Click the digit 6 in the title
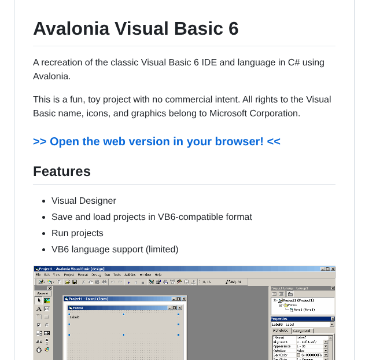pos(233,28)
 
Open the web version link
pos(157,142)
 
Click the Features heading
pos(62,171)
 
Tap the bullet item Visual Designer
pos(83,201)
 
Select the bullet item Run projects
pos(77,233)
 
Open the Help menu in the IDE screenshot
pos(158,275)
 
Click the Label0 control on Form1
pos(75,317)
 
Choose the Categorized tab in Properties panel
pos(301,331)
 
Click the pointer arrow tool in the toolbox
pos(39,300)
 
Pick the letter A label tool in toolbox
pos(39,309)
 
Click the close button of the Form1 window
pos(180,308)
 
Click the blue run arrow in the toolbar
pos(128,282)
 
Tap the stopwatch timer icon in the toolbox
pos(39,350)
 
